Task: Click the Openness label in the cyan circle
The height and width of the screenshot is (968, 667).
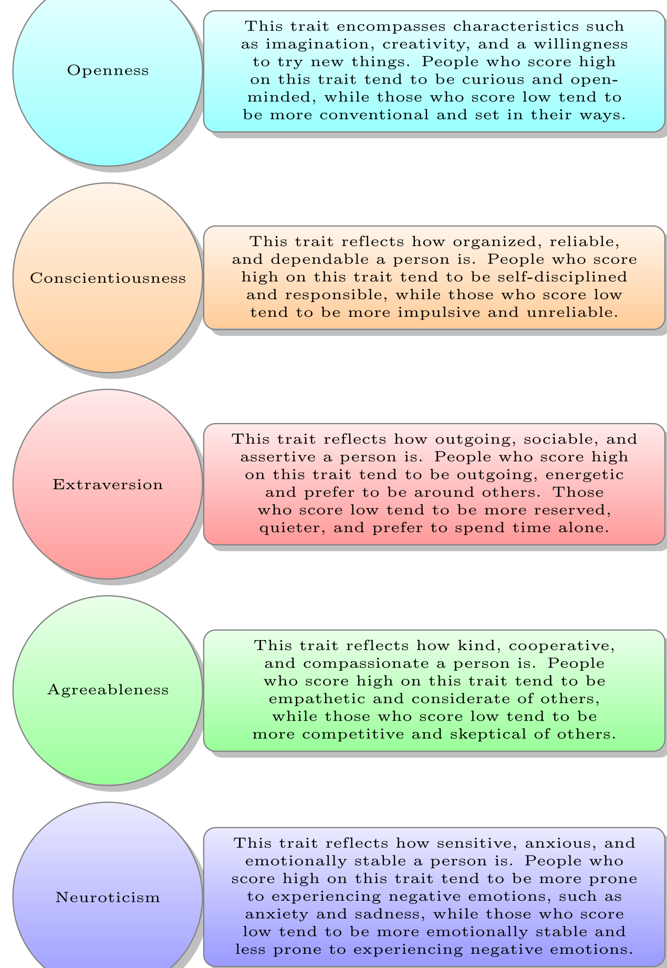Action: point(108,70)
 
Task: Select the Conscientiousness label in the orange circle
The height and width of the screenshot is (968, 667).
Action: point(108,277)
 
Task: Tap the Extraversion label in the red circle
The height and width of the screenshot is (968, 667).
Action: point(108,484)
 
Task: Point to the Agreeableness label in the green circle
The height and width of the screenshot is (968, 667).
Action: point(108,689)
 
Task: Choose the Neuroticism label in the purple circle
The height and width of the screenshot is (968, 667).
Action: point(108,897)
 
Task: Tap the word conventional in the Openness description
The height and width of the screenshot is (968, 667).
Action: point(376,115)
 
